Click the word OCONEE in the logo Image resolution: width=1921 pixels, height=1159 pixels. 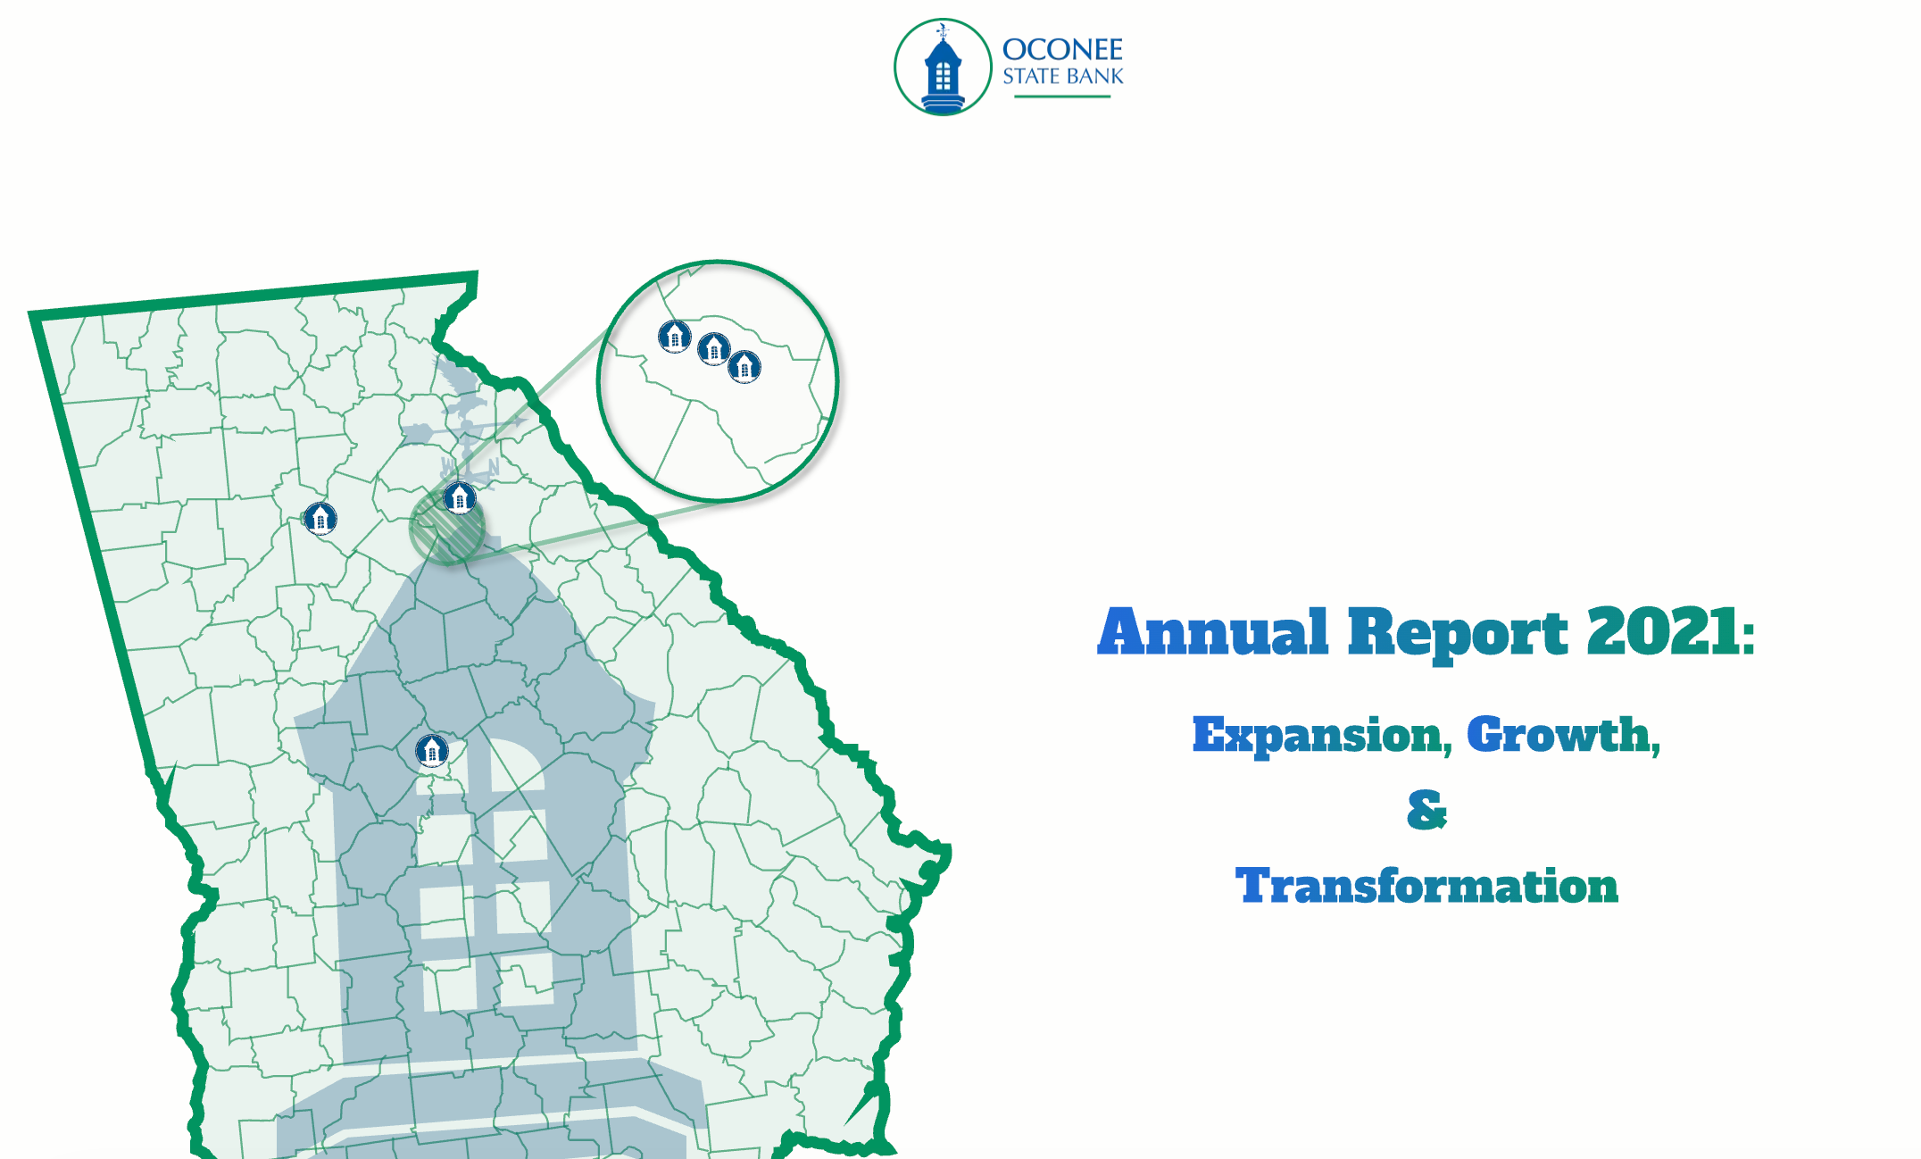pos(1062,49)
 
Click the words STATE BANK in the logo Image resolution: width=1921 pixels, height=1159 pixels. pos(1062,77)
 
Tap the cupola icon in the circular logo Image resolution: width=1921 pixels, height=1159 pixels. pos(943,69)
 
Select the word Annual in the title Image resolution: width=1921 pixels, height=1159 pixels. pos(1213,631)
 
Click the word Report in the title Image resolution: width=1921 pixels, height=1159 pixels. pos(1458,634)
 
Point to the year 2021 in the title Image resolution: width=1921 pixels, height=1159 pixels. pos(1662,631)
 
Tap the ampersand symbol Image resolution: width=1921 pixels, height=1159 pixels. pos(1426,810)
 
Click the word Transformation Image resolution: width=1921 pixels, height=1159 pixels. pos(1426,886)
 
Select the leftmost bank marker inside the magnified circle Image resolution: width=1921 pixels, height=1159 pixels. pos(675,337)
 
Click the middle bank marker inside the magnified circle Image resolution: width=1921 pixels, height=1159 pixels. pos(714,348)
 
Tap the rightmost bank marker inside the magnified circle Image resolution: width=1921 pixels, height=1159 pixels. pos(744,366)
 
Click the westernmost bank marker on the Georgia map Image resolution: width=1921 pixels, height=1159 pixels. pos(320,517)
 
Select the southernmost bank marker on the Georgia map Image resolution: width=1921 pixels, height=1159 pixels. pos(432,750)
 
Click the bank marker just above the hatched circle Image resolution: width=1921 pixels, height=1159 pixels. pos(460,497)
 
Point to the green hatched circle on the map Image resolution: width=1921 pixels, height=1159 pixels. pos(447,528)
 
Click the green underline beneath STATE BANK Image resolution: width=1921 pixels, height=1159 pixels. pos(1062,96)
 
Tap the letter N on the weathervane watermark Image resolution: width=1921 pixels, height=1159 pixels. pos(493,467)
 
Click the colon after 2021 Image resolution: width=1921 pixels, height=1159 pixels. pos(1748,636)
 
